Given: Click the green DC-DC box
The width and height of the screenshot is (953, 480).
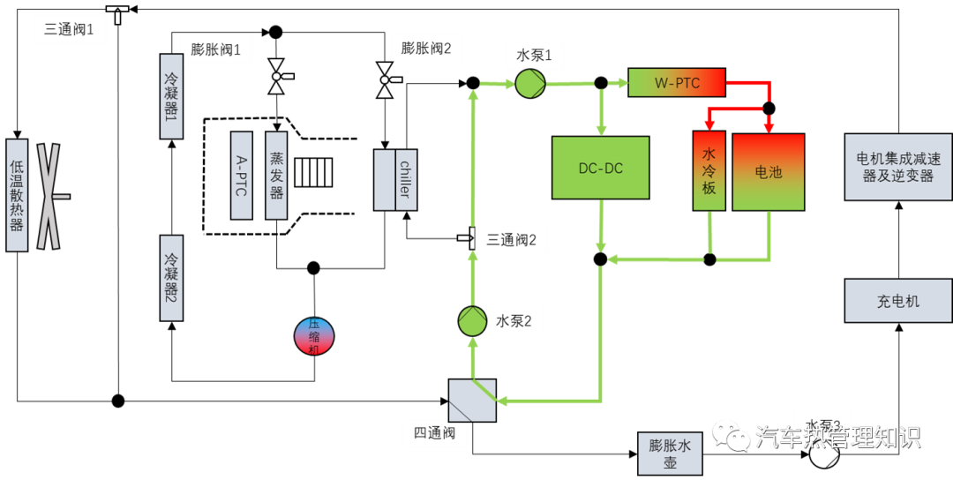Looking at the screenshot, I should (600, 168).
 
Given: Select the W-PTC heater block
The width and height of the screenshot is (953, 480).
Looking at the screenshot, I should (677, 83).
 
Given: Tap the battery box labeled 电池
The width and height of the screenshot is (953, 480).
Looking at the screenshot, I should (768, 172).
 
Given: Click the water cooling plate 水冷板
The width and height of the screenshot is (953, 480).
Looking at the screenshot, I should (709, 171).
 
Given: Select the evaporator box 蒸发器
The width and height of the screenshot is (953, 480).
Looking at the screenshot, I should (276, 176).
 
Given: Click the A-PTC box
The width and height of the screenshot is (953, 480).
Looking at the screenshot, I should (242, 176).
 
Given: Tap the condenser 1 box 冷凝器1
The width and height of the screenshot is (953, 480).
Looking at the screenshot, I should (171, 96).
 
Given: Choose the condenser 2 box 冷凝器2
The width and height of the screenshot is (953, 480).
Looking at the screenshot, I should (171, 277).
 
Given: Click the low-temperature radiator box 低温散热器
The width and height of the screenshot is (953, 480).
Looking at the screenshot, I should (17, 195).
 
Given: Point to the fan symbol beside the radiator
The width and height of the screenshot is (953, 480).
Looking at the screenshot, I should (49, 196).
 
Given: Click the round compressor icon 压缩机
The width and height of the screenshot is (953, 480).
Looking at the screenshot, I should (314, 336).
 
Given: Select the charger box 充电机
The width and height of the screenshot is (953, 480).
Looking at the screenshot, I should (897, 301).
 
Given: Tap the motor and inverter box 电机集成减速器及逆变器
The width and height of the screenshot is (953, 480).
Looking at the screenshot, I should (897, 167).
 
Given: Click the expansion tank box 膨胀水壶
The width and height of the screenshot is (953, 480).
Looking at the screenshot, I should (670, 454).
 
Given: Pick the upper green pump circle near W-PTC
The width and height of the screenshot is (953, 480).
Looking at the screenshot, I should (530, 84).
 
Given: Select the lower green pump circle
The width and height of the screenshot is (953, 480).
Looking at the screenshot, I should (473, 321).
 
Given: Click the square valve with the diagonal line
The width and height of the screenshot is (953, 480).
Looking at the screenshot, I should (472, 401).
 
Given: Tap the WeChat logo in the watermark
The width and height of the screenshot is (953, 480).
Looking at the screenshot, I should (731, 434).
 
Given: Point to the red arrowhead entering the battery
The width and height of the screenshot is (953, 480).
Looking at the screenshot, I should (768, 125).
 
